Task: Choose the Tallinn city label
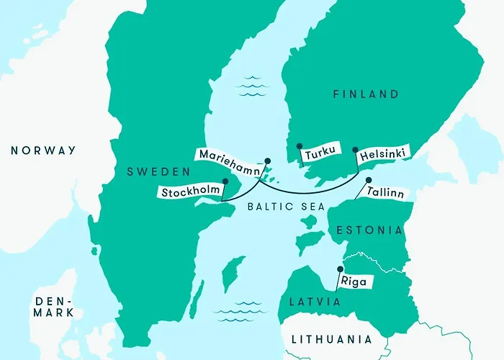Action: coord(384,194)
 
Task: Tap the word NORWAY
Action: coord(42,150)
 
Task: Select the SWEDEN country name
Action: coord(158,172)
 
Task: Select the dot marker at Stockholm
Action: coord(225,181)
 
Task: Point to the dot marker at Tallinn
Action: coord(369,180)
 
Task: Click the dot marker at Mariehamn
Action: coord(266,161)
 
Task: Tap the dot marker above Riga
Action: coord(339,270)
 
